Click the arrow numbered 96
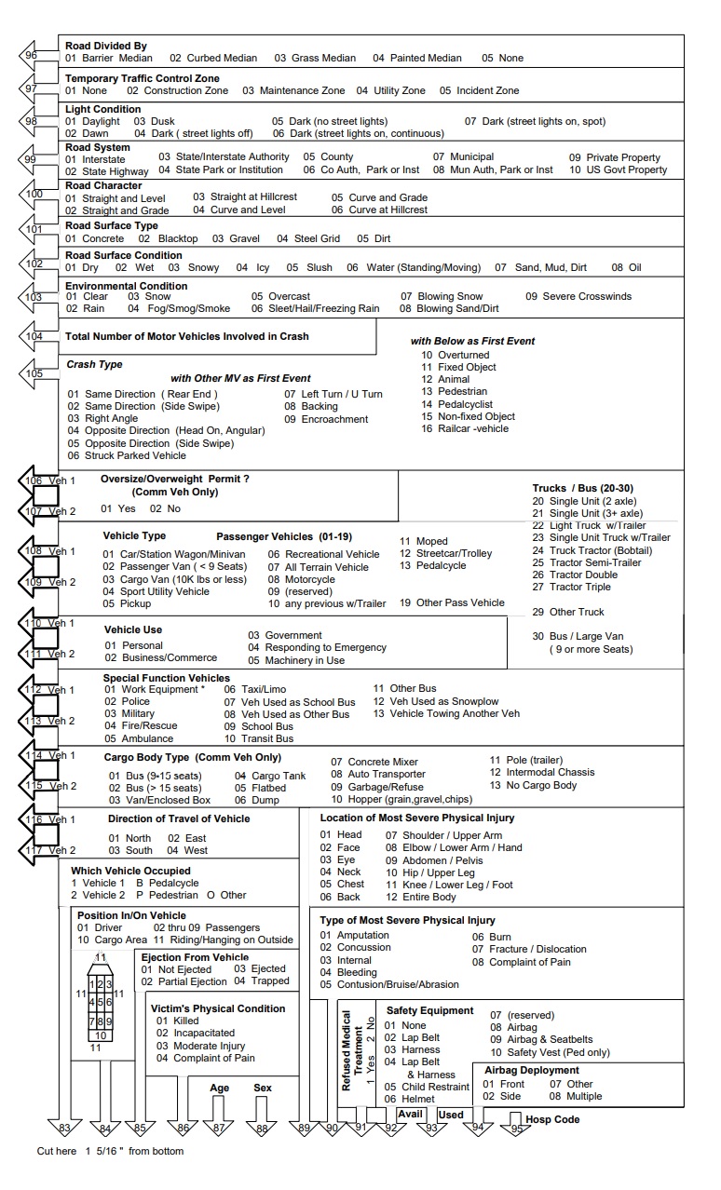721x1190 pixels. [32, 56]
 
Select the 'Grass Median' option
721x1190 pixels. [315, 58]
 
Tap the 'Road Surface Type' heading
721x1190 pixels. [111, 225]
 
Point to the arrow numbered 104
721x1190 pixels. [34, 336]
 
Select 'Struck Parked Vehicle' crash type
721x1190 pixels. [127, 455]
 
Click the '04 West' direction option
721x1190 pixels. [188, 850]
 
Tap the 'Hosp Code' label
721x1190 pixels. [552, 1119]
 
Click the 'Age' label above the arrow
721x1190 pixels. [219, 1088]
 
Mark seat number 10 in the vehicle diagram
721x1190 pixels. [102, 1034]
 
